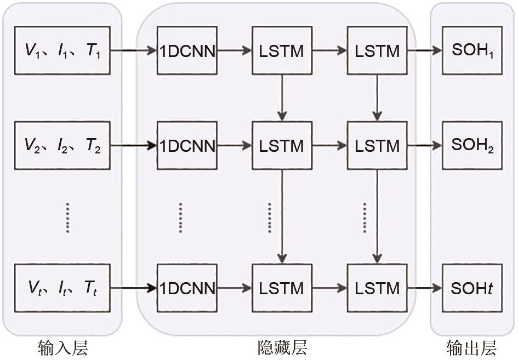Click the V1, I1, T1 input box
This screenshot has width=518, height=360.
62,50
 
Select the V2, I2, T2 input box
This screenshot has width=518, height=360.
62,145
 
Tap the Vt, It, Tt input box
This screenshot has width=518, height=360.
62,287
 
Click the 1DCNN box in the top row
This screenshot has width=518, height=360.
187,51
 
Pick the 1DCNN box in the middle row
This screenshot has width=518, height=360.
187,146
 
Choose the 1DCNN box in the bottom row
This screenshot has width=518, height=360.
187,288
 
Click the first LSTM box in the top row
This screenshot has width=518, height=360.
282,51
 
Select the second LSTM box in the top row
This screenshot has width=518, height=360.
377,51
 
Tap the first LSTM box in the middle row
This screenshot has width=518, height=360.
282,146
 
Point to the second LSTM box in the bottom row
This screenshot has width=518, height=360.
377,288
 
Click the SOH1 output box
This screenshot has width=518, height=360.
473,51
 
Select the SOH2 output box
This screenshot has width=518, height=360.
473,145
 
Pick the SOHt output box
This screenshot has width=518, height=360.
473,288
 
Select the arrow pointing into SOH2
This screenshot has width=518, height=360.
425,146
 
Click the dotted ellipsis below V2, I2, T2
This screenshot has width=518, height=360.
67,218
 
